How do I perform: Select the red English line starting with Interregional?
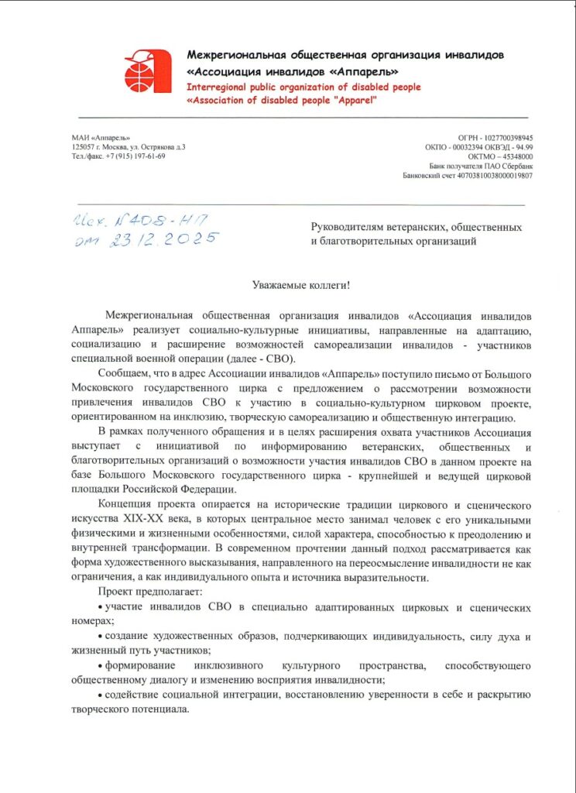click(x=303, y=88)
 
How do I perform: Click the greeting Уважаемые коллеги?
click(x=301, y=285)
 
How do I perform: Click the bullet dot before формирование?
click(x=101, y=667)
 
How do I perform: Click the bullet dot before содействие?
click(x=101, y=695)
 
